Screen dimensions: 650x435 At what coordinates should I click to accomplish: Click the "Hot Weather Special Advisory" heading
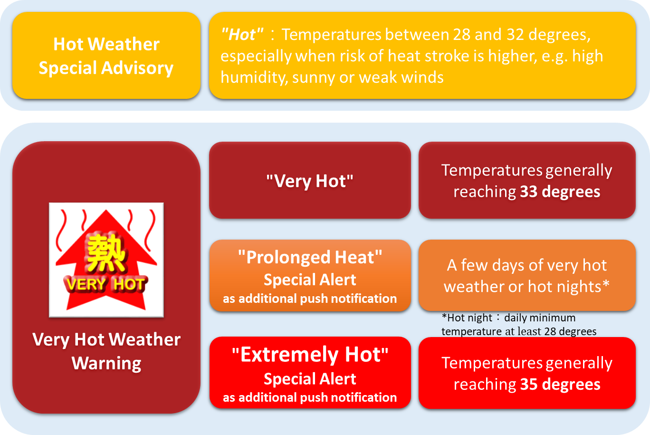[106, 56]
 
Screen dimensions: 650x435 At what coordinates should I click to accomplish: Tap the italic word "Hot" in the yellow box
[242, 35]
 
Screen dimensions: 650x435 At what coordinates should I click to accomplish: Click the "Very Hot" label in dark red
[310, 181]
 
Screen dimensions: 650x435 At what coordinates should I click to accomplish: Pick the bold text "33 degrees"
[560, 192]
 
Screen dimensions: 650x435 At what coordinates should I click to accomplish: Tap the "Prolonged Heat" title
[310, 257]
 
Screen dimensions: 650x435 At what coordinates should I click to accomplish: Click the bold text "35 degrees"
[560, 384]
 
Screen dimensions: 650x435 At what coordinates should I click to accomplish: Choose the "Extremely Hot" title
[310, 355]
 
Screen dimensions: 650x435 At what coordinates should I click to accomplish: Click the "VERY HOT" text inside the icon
[105, 284]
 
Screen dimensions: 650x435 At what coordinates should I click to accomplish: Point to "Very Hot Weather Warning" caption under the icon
[106, 351]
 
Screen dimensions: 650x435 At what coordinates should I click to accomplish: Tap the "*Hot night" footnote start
[467, 318]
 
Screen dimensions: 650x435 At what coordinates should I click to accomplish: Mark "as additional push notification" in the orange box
[310, 299]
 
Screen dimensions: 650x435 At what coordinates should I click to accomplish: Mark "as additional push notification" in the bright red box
[310, 397]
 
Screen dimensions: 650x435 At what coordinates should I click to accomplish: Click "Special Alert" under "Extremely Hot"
[310, 379]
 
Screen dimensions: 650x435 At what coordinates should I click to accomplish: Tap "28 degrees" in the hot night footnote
[570, 331]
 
